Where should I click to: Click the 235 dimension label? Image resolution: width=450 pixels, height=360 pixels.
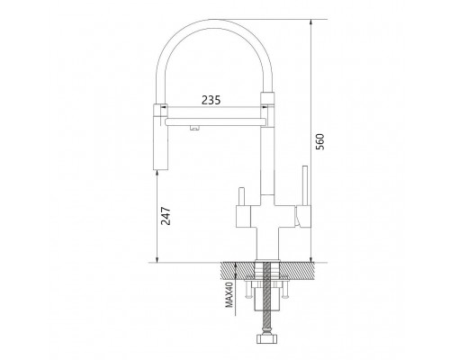211,100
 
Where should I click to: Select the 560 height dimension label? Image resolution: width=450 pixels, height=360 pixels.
320,141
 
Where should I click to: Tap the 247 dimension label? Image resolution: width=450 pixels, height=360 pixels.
166,216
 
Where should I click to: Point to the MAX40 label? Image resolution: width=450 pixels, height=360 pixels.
229,293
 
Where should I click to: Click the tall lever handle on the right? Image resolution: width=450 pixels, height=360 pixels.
305,185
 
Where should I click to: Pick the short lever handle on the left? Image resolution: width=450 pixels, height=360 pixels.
242,197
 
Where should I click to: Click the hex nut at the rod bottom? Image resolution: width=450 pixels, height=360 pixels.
265,339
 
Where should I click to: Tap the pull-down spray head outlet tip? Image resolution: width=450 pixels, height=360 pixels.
160,169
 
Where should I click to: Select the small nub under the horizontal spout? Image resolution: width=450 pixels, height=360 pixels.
194,128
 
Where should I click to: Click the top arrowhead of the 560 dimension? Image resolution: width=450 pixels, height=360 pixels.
311,22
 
